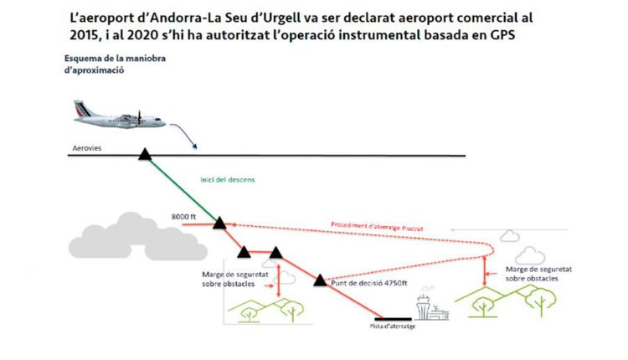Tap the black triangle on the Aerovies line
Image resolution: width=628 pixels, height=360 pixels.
[145, 153]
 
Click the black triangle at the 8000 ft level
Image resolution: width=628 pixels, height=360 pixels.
[219, 223]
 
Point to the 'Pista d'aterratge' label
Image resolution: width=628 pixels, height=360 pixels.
[392, 327]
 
